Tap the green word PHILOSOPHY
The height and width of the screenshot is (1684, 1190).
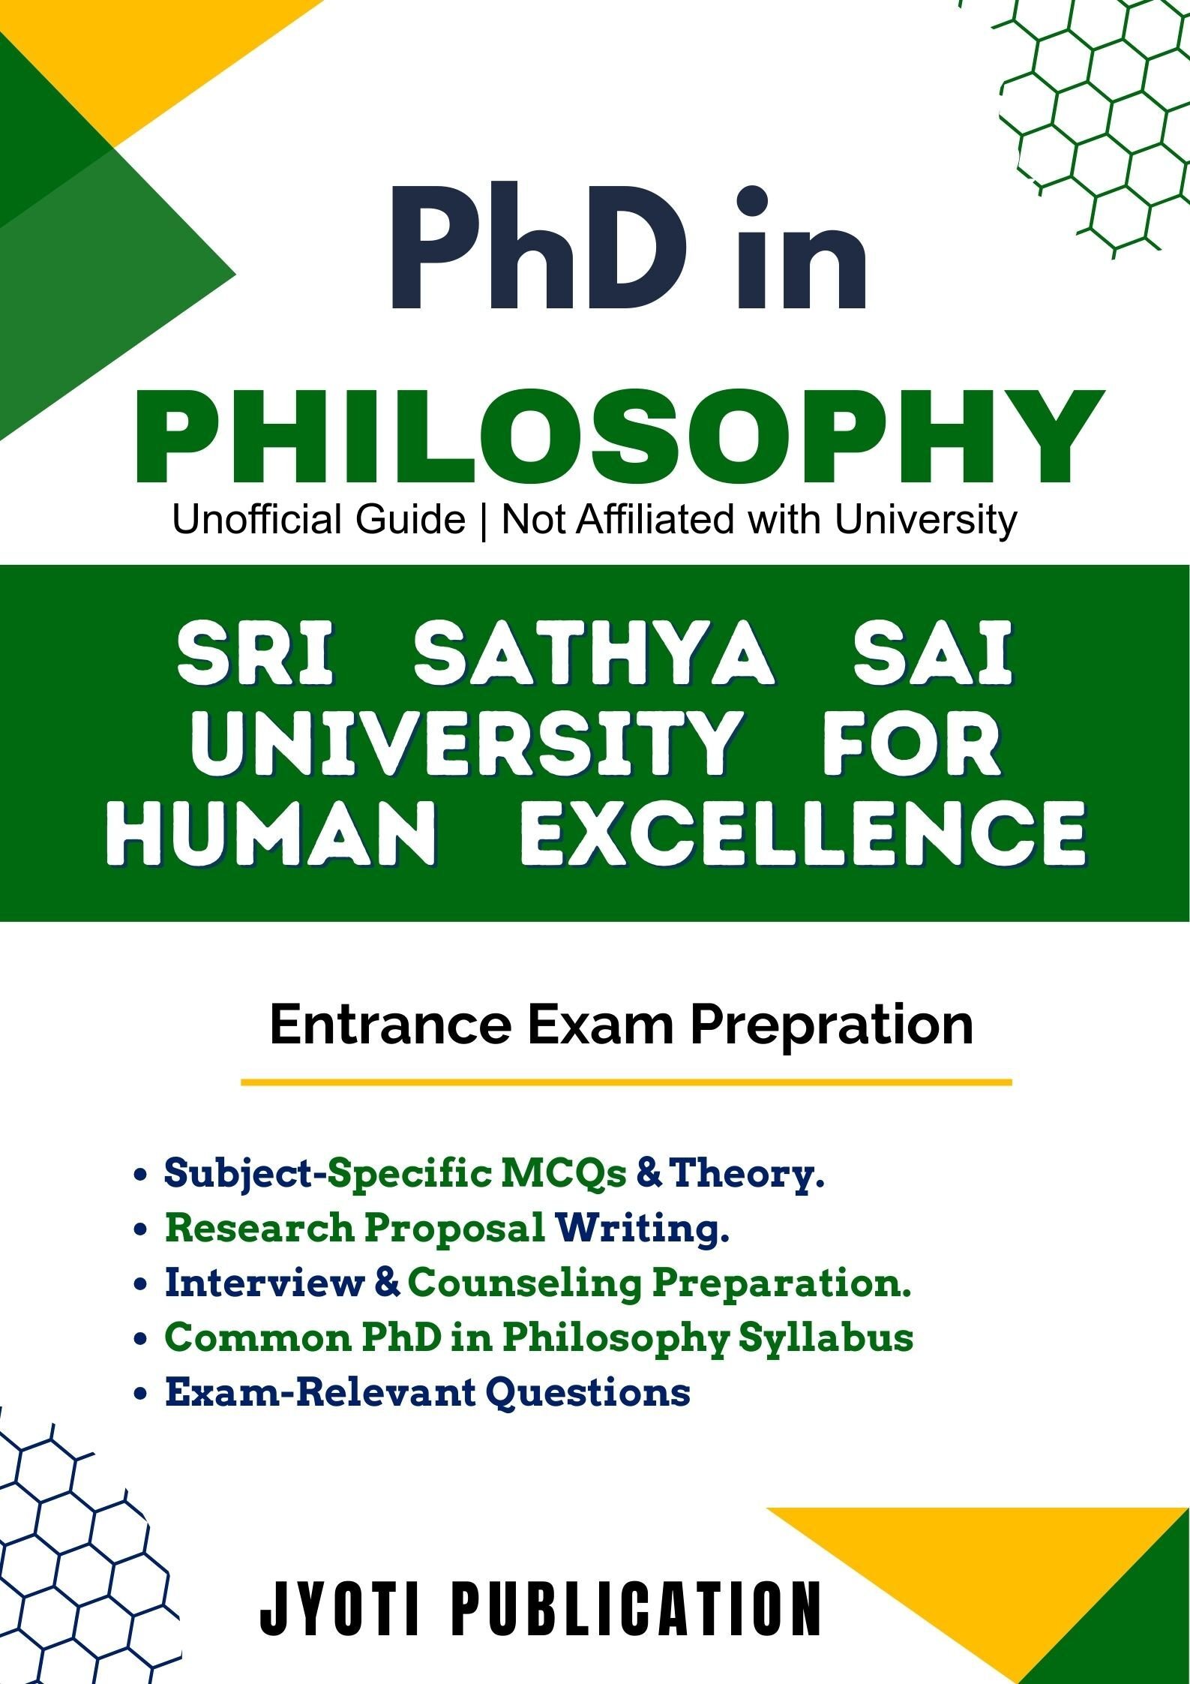tap(619, 437)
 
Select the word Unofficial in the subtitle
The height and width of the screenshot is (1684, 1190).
tap(319, 519)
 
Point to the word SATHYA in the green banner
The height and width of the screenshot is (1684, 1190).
tap(594, 656)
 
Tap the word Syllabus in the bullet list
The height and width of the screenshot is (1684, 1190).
tap(826, 1340)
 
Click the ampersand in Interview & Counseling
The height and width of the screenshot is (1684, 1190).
tap(386, 1283)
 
